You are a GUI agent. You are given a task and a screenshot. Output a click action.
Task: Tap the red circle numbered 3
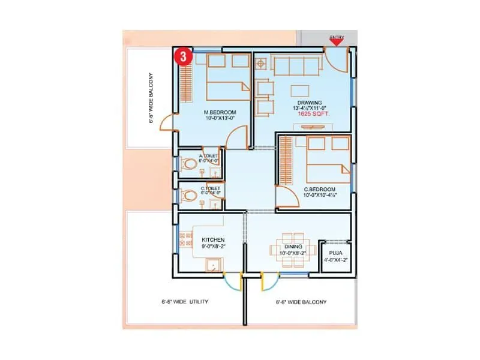(x=183, y=57)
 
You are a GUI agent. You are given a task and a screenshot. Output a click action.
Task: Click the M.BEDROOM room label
(x=220, y=112)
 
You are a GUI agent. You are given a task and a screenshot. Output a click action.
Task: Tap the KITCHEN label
(x=213, y=239)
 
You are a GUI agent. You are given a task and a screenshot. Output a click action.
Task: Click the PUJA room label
(x=335, y=253)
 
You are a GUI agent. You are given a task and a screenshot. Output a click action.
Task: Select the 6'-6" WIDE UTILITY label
(x=185, y=302)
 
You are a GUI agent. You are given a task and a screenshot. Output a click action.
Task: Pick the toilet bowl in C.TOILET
(x=189, y=196)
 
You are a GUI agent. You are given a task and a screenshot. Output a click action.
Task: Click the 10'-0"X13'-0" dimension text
(x=219, y=119)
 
